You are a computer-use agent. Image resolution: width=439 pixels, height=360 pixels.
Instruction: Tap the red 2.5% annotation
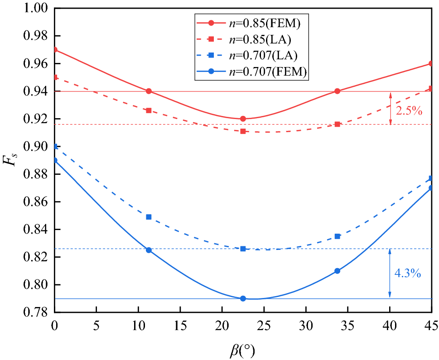(409, 110)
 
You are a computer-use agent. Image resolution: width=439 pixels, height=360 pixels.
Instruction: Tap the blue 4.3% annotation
(409, 274)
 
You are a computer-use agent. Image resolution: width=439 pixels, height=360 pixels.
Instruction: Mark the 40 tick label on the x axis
(390, 325)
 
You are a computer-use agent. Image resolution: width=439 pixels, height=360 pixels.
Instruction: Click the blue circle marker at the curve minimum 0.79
(243, 299)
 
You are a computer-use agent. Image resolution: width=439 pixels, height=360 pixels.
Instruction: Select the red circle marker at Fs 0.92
(243, 119)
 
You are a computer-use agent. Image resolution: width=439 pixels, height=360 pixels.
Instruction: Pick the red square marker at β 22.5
(243, 131)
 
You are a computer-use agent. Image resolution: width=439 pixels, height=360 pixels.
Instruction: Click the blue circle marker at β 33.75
(337, 271)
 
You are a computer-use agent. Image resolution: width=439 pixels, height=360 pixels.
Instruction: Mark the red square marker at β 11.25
(149, 110)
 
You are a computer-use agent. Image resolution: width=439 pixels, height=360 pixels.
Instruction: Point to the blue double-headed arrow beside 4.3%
(390, 274)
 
